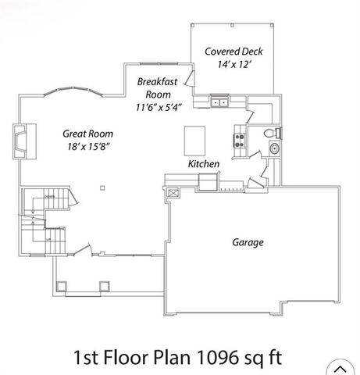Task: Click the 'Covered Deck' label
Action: (x=233, y=52)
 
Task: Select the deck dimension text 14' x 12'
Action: (x=233, y=65)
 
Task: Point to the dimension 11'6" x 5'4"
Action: (x=159, y=106)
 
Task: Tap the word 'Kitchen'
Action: (x=203, y=164)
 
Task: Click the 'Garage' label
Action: (x=247, y=242)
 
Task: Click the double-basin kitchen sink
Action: (x=219, y=102)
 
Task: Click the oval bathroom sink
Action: (x=274, y=149)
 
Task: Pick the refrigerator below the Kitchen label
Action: (x=208, y=182)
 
